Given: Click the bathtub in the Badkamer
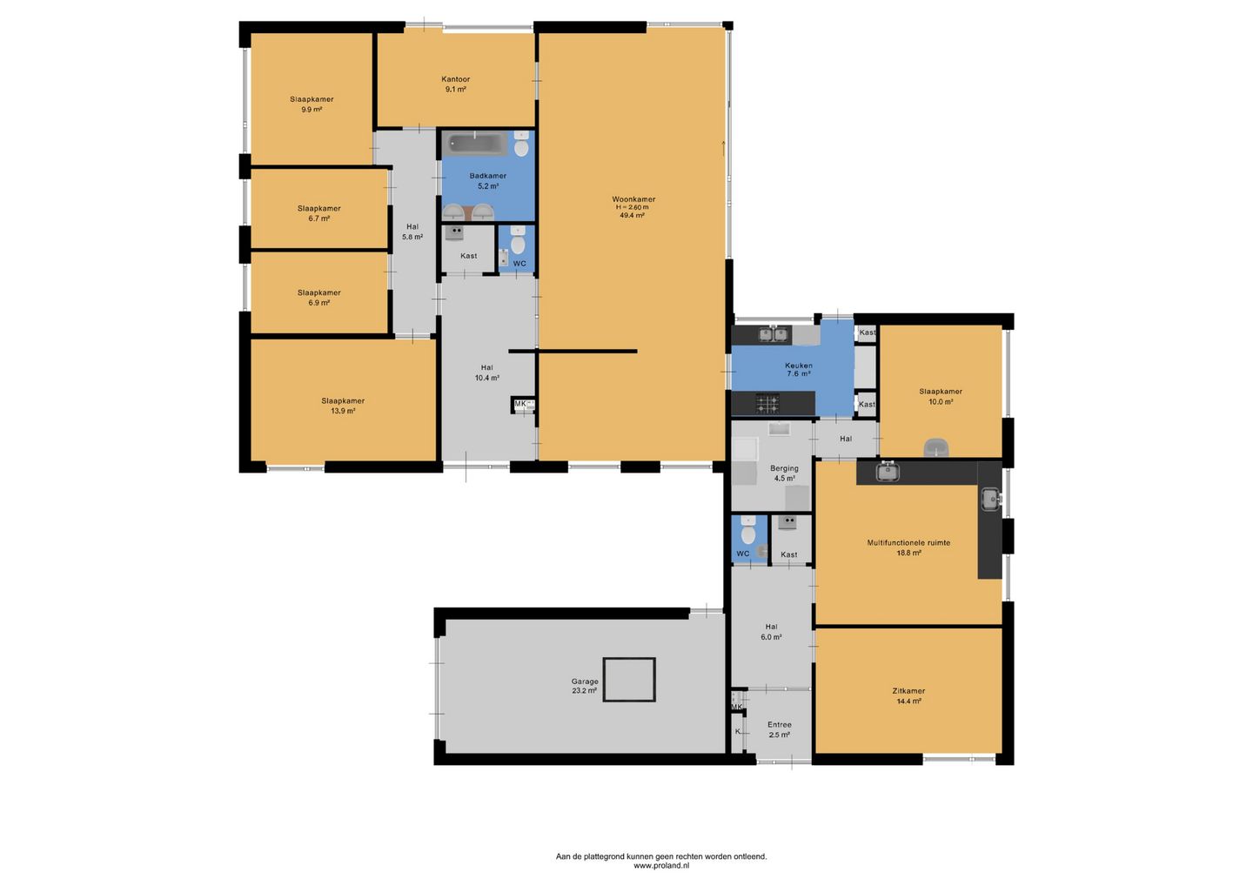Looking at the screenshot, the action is (x=474, y=144).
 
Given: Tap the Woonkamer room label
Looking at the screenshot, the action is (x=633, y=199).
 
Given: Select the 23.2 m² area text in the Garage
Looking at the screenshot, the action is (x=584, y=691).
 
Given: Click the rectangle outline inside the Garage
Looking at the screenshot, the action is (x=629, y=658).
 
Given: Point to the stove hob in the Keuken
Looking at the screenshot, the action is (x=767, y=403).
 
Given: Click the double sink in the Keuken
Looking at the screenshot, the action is (x=773, y=334).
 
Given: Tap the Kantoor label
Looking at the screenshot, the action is (x=455, y=79).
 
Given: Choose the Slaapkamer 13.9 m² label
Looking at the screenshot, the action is (x=343, y=406).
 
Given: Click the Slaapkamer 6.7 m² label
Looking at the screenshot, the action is (x=318, y=213).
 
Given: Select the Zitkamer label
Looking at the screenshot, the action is (x=908, y=691).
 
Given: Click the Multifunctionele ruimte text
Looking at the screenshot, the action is (x=908, y=542).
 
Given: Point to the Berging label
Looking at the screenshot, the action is (x=784, y=468).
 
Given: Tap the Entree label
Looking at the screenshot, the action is (x=780, y=724).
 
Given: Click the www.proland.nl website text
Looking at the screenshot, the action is (x=661, y=865).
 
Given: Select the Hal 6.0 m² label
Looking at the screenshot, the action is (x=771, y=632).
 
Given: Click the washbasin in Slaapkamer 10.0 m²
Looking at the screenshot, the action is (x=936, y=447).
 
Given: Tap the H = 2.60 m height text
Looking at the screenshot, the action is (x=633, y=207).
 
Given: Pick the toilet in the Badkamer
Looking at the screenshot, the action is (x=520, y=144).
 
